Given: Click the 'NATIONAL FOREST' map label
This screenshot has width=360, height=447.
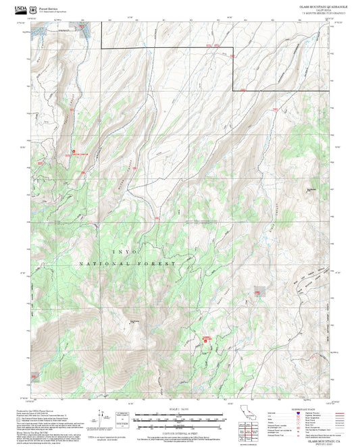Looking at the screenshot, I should tap(127, 263).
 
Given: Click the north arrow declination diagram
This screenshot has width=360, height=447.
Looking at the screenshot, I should tap(102, 415).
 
